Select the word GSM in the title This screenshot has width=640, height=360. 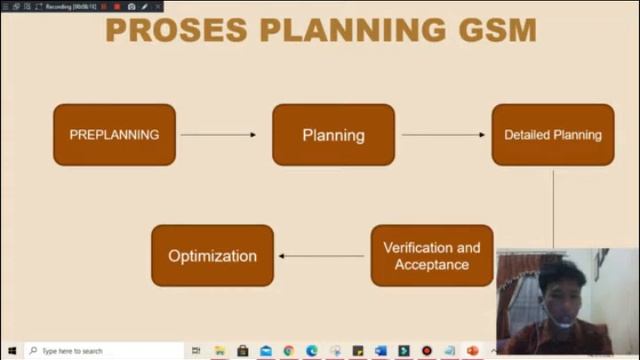click(498, 30)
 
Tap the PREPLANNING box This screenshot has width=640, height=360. click(114, 135)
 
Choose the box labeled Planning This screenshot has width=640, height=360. click(333, 135)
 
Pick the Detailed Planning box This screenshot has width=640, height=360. click(552, 135)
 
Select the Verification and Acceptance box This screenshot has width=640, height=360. click(431, 256)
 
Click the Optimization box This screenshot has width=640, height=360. click(212, 256)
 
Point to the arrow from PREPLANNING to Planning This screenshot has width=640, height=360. click(218, 135)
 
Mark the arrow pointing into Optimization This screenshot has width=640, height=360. click(321, 256)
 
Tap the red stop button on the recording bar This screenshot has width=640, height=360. click(117, 6)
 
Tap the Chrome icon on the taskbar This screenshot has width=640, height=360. click(289, 351)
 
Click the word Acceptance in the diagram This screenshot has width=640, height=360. click(431, 265)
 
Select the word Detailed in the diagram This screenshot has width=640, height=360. click(527, 135)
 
